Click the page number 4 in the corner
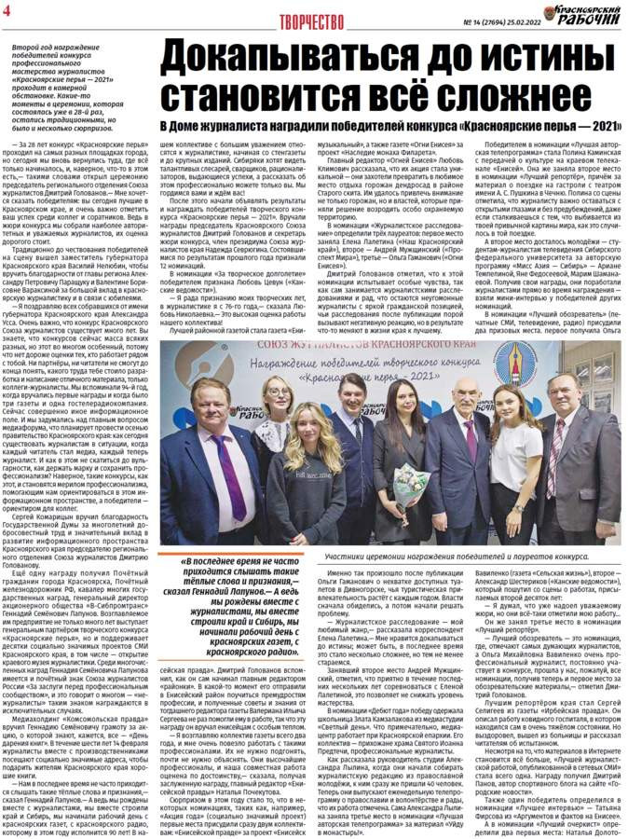[7, 12]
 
